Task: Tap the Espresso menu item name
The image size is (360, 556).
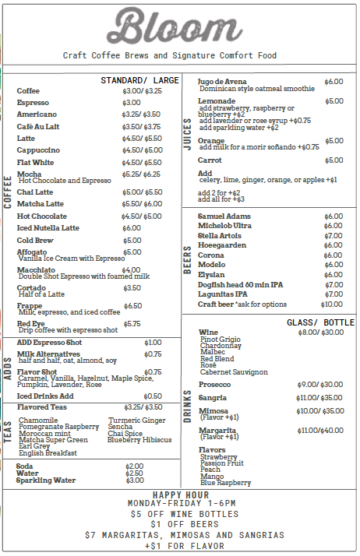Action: point(33,103)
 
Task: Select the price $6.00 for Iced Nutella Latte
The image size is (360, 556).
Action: point(132,228)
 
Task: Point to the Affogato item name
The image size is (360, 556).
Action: point(33,252)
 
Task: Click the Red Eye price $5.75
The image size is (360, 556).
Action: point(132,324)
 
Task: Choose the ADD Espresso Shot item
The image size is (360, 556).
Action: point(49,343)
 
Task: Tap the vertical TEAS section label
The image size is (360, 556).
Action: point(8,430)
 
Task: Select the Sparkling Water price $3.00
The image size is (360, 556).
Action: point(134,480)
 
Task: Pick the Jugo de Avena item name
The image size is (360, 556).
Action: point(222,82)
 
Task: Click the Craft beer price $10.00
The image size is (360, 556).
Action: point(331,304)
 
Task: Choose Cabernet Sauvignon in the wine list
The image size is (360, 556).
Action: point(234,372)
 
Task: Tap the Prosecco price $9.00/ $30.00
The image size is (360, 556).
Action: point(319,385)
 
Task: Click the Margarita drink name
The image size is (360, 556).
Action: point(217,430)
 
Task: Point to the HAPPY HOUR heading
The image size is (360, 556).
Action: point(180,495)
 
